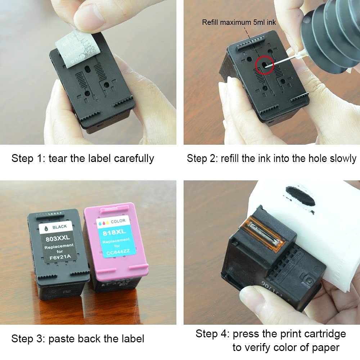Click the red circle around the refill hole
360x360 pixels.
click(265, 65)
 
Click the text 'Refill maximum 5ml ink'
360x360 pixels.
click(239, 22)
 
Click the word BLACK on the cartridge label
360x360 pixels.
click(60, 227)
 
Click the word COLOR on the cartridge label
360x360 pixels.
click(118, 221)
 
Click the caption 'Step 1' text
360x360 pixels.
click(28, 158)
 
